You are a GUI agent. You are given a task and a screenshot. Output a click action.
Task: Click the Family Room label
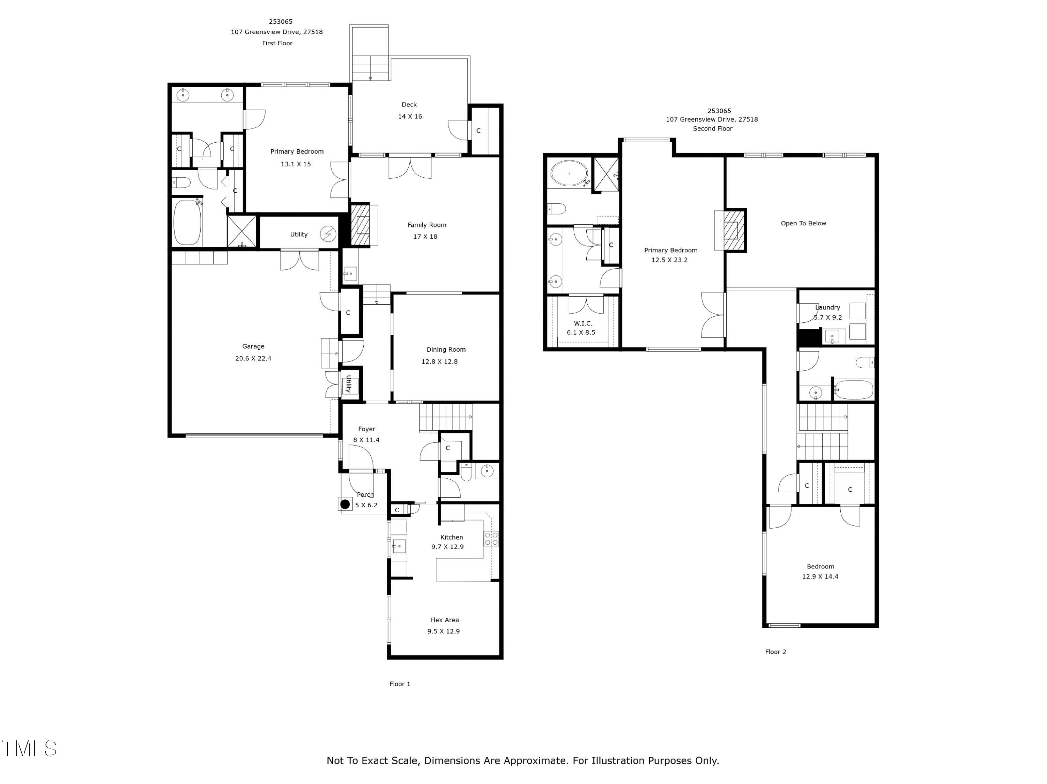(x=427, y=225)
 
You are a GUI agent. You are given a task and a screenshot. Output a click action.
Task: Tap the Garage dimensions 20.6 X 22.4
(x=253, y=359)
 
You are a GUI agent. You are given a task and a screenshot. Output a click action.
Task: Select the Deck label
(x=409, y=105)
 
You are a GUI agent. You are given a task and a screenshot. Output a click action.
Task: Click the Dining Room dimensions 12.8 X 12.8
(x=439, y=361)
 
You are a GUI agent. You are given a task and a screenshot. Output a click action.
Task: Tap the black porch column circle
(x=346, y=505)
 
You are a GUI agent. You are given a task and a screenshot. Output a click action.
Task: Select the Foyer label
(x=366, y=429)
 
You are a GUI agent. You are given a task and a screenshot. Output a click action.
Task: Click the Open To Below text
(x=803, y=223)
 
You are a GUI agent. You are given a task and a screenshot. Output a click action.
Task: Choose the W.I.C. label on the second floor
(x=583, y=323)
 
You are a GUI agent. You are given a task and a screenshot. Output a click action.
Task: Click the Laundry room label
(x=827, y=307)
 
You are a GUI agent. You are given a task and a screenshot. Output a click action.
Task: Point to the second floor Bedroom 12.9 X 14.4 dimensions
(x=820, y=576)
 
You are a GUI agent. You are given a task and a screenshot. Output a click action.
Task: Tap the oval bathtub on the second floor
(x=569, y=174)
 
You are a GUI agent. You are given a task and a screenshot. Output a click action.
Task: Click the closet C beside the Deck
(x=478, y=130)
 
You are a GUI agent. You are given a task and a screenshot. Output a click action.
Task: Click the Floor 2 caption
(x=775, y=651)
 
